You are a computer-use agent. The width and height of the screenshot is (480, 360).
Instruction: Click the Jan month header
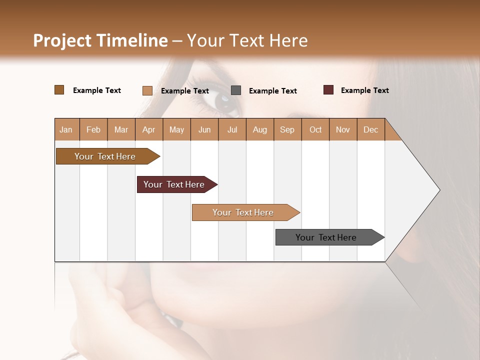pyautogui.click(x=66, y=130)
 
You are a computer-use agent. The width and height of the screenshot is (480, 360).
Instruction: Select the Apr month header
pyautogui.click(x=148, y=130)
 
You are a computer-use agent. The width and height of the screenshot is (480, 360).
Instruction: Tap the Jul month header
pyautogui.click(x=232, y=130)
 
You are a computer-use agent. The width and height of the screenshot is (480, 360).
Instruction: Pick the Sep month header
pyautogui.click(x=287, y=130)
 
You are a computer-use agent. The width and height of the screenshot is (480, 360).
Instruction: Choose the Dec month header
pyautogui.click(x=370, y=130)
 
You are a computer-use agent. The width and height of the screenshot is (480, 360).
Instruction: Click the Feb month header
pyautogui.click(x=93, y=130)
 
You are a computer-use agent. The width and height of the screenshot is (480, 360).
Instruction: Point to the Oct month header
pyautogui.click(x=315, y=130)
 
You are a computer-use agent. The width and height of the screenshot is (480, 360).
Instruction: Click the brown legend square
pyautogui.click(x=59, y=90)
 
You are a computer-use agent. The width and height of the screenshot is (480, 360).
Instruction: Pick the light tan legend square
pyautogui.click(x=147, y=90)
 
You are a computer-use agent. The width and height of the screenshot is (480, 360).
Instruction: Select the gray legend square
pyautogui.click(x=236, y=90)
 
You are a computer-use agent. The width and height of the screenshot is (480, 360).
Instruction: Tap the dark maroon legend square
pyautogui.click(x=328, y=90)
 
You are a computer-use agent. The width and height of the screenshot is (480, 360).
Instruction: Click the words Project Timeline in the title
pyautogui.click(x=100, y=40)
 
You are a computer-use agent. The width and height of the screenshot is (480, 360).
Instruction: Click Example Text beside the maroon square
pyautogui.click(x=364, y=90)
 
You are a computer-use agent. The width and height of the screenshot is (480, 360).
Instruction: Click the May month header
pyautogui.click(x=176, y=130)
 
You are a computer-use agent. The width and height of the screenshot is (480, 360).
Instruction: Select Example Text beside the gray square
pyautogui.click(x=272, y=91)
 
